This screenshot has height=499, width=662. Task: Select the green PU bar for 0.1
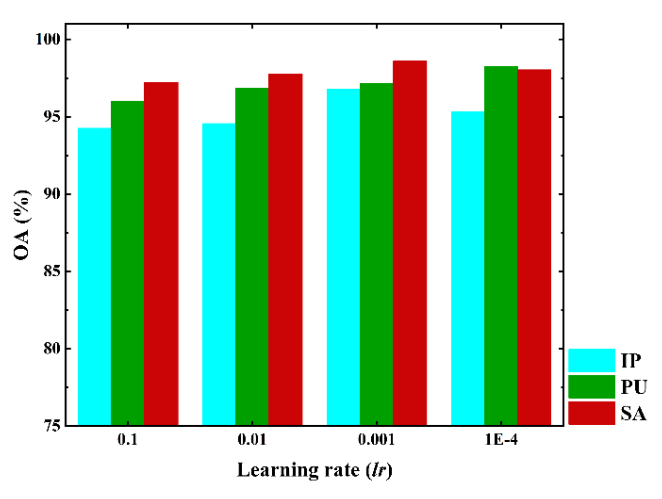[127, 263]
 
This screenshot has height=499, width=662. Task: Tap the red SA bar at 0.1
[161, 254]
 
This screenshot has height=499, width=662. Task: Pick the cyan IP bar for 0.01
[219, 274]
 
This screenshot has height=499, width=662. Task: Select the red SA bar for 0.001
[409, 243]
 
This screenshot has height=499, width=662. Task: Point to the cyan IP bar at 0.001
[343, 257]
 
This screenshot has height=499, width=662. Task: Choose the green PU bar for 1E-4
[501, 246]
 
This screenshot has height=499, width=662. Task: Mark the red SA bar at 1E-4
[534, 247]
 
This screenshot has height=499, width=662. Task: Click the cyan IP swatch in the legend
[591, 360]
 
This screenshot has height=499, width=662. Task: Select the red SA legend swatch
[591, 413]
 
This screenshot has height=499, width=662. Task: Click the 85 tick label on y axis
[51, 271]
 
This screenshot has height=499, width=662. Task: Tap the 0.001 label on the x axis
[376, 440]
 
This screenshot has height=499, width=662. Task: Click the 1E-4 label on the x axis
[501, 440]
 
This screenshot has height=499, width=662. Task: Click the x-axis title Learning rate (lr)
[314, 470]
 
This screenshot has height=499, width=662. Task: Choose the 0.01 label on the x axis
[252, 440]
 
